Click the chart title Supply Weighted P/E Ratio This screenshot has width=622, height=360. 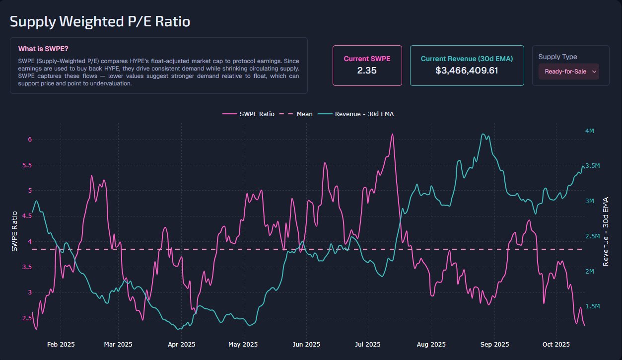100,22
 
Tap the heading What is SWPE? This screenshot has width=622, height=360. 43,49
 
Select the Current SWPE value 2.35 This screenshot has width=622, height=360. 367,71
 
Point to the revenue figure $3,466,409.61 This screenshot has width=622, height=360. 467,71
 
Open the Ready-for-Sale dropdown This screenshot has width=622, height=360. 569,72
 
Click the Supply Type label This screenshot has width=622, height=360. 557,57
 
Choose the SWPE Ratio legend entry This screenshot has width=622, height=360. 249,114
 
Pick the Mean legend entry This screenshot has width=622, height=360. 297,114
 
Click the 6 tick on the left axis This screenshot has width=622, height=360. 30,140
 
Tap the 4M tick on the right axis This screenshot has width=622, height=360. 590,131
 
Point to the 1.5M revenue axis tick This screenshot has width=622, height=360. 592,306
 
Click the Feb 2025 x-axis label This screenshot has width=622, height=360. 61,344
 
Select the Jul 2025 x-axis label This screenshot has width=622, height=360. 368,344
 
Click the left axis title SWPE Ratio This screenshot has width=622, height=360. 15,231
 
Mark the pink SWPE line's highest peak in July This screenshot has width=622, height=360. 393,134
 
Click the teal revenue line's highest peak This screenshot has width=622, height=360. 483,134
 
